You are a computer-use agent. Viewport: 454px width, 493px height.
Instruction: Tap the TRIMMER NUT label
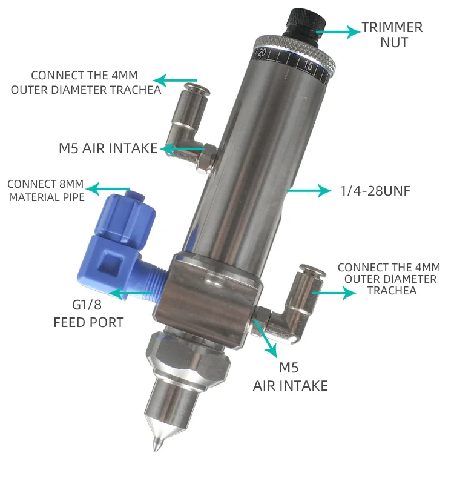[x=392, y=35]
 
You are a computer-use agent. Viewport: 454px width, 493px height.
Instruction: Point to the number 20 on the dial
[x=262, y=53]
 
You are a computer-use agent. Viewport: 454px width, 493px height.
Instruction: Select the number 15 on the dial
[x=308, y=67]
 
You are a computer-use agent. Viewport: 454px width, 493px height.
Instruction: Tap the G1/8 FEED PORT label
[x=88, y=314]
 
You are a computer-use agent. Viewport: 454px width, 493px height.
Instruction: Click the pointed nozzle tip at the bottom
[x=156, y=445]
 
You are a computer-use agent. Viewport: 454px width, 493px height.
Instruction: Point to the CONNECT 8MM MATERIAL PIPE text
[x=45, y=190]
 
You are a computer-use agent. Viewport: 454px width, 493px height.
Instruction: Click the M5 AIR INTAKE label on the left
[x=108, y=148]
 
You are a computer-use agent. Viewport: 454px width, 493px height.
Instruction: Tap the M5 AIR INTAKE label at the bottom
[x=290, y=376]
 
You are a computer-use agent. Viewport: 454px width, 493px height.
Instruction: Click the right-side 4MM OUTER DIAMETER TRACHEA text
[x=388, y=279]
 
